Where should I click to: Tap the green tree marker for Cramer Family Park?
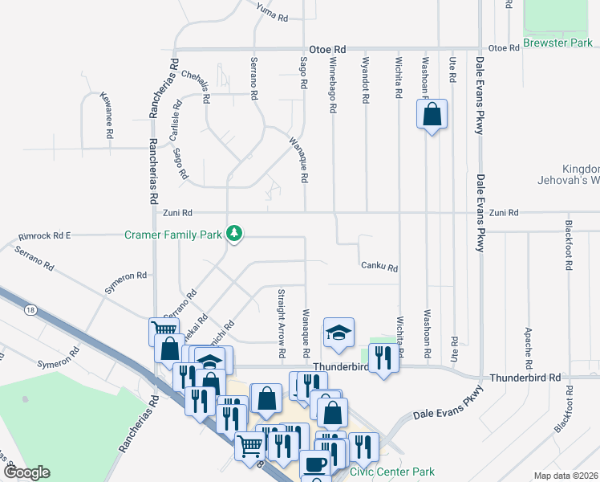pos(234,234)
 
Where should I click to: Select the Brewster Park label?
pos(557,43)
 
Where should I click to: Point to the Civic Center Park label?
pos(391,471)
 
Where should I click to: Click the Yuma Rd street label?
pos(272,11)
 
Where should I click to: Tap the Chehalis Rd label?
pos(197,88)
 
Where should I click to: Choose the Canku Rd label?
pos(379,267)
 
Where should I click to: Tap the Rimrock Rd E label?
pos(45,236)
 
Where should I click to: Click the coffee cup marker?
pos(314,464)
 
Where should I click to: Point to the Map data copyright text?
pos(565,476)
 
